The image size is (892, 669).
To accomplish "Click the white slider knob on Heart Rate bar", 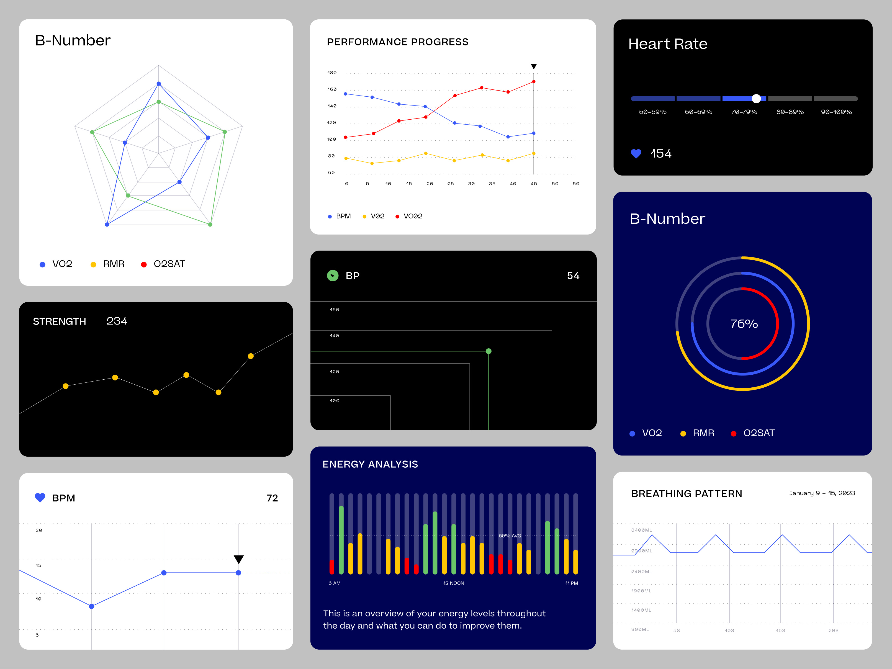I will click(756, 98).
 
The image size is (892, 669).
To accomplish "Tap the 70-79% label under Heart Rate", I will click(744, 112).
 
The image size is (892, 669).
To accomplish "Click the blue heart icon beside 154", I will click(636, 154).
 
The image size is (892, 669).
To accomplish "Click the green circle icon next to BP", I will click(333, 276).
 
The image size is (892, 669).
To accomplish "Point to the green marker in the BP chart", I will click(488, 351).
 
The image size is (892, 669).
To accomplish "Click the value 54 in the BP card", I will click(573, 276).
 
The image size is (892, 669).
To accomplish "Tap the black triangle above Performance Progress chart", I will click(533, 66).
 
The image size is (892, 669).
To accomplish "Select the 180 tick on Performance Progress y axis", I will click(332, 73).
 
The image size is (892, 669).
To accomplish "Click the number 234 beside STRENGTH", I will click(117, 321).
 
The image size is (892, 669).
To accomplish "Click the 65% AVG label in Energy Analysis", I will click(510, 536).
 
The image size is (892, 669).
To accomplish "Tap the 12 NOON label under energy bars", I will click(453, 583).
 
